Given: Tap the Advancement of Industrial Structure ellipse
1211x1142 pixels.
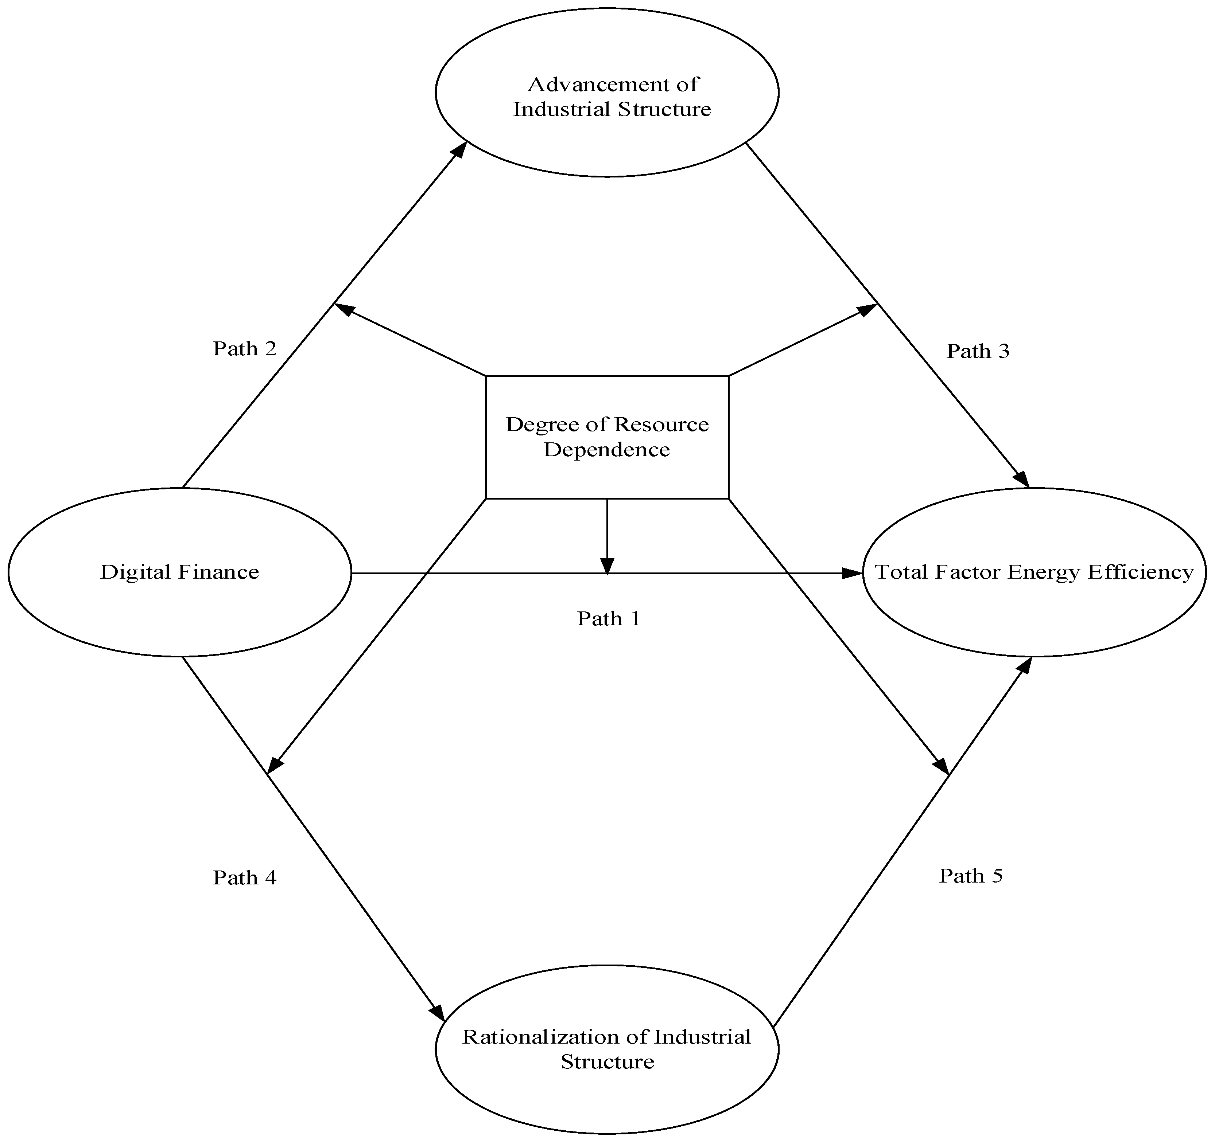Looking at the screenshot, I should [607, 93].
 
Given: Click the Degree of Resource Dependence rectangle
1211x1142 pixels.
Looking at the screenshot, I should [607, 437].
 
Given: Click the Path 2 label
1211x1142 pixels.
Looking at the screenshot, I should [244, 349].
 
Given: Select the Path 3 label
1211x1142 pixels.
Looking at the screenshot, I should [978, 351].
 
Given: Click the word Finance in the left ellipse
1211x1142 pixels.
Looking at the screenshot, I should [218, 572].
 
